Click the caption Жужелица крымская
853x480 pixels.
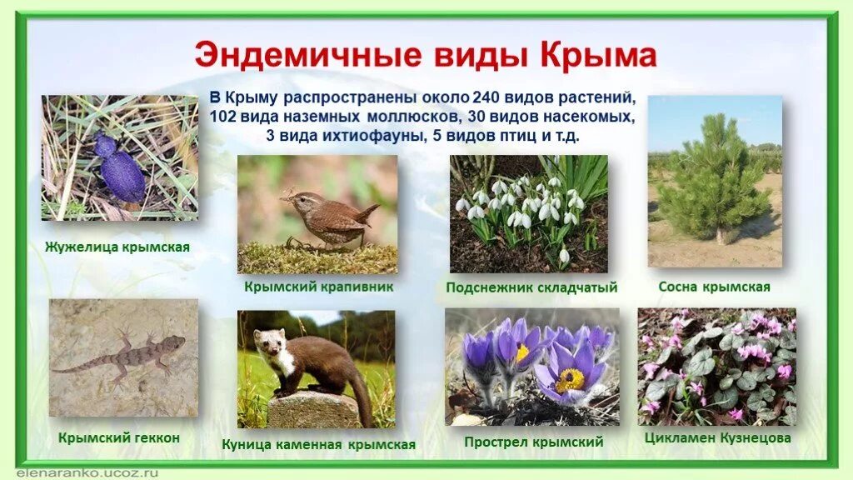tap(118, 247)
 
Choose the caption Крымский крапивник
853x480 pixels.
tap(318, 287)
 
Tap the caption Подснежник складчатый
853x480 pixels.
tap(531, 287)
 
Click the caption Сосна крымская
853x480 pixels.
tap(714, 287)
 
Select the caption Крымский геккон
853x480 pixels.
tap(119, 437)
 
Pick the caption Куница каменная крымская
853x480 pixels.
tap(318, 444)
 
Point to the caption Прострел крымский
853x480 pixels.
tap(533, 442)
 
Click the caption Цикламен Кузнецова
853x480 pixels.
tap(717, 437)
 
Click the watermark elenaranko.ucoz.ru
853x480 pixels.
tap(62, 472)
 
